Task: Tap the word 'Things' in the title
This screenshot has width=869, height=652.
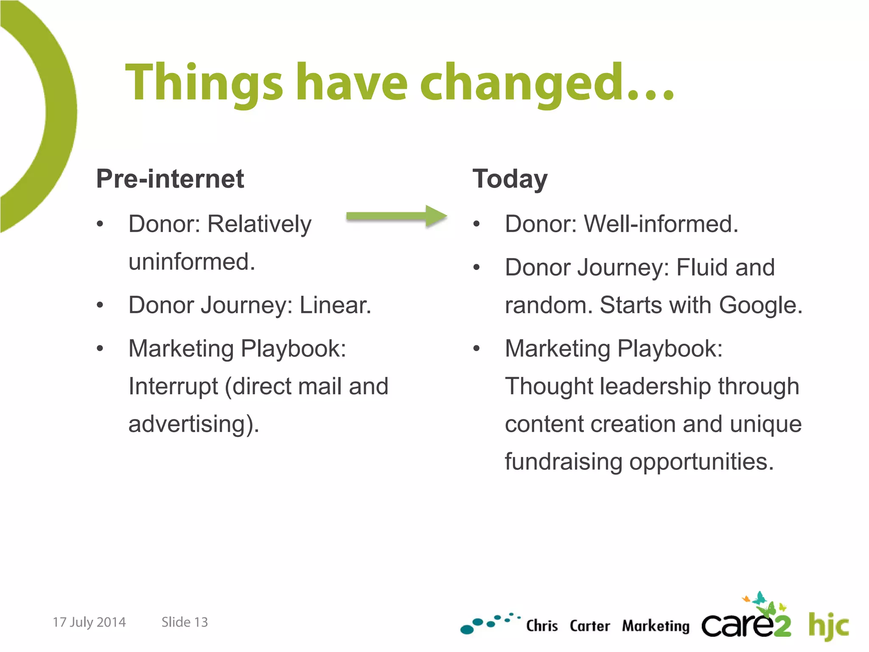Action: coord(204,83)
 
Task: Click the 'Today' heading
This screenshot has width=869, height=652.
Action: coord(510,179)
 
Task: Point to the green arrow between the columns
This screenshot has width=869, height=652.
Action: coord(396,216)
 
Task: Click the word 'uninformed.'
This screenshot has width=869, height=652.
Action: coord(192,261)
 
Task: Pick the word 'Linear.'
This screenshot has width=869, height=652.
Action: coord(335,305)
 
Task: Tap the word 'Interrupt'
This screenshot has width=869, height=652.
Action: coord(173,386)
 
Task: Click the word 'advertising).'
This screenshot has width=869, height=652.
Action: coord(193,424)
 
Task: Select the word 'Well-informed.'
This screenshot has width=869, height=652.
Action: coord(661,224)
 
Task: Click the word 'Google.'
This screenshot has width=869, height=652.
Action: coord(760,305)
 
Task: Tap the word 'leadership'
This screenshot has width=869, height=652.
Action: coord(656,386)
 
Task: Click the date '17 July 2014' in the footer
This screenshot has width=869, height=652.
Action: coord(89,622)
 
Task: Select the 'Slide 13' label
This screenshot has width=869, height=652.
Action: coord(185,622)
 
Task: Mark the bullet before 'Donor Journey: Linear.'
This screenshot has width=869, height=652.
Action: coord(100,305)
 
